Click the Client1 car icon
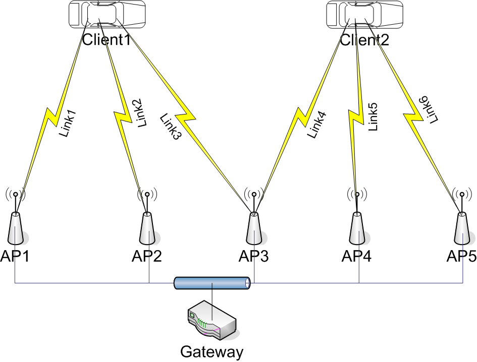[107, 14]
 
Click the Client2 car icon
[365, 14]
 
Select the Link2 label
[141, 112]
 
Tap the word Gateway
[212, 351]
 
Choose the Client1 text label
[107, 39]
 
